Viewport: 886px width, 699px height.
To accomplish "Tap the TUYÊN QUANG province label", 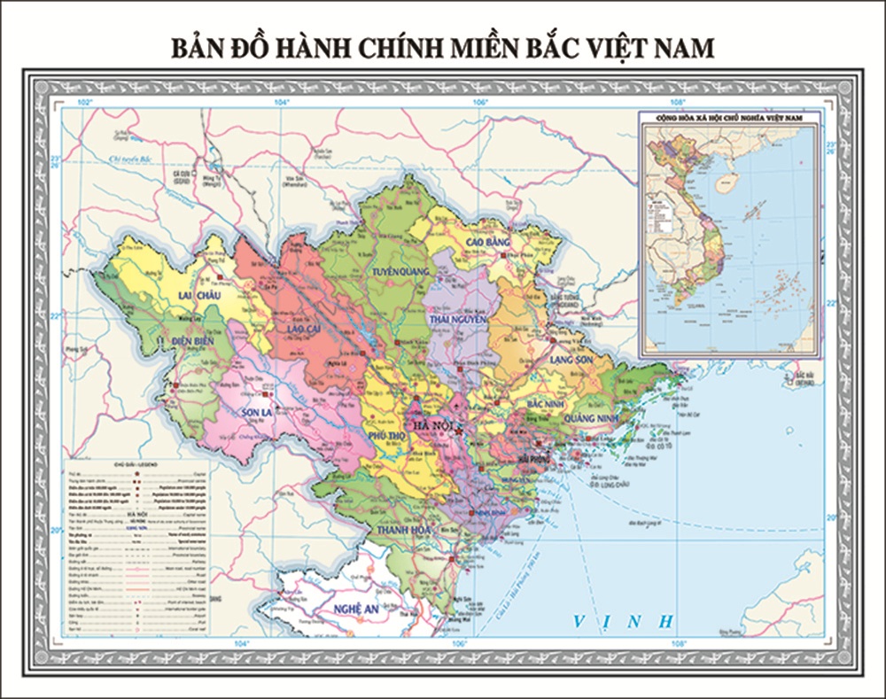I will coord(400,271).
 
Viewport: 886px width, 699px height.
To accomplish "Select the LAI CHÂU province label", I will coord(198,295).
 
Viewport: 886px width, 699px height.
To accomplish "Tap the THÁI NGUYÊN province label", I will coord(459,318).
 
